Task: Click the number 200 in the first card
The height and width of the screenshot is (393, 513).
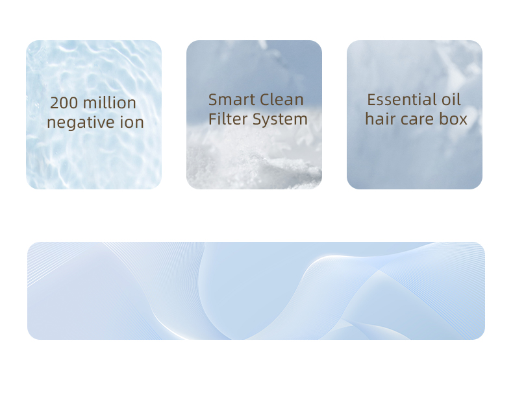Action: pyautogui.click(x=64, y=103)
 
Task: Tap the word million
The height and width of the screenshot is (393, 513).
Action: pyautogui.click(x=110, y=102)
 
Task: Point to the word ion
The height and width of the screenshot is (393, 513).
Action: pyautogui.click(x=132, y=122)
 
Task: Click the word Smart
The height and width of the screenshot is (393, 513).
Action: pyautogui.click(x=232, y=100)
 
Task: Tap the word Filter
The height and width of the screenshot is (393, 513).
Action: pyautogui.click(x=228, y=119)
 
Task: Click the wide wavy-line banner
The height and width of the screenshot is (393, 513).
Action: pyautogui.click(x=256, y=291)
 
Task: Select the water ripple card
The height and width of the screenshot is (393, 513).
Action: pyautogui.click(x=94, y=115)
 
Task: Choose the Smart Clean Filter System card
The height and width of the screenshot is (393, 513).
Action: pyautogui.click(x=254, y=115)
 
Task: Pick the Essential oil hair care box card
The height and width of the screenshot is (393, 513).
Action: pyautogui.click(x=414, y=115)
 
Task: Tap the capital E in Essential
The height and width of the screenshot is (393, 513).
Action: pyautogui.click(x=371, y=100)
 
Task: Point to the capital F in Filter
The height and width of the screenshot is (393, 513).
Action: pyautogui.click(x=212, y=119)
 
